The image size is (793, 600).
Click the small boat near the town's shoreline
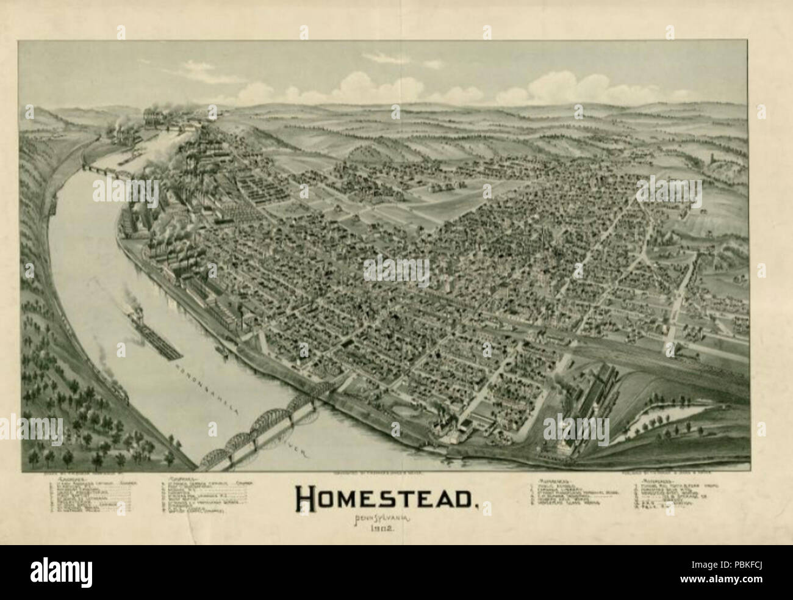[225, 352]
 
